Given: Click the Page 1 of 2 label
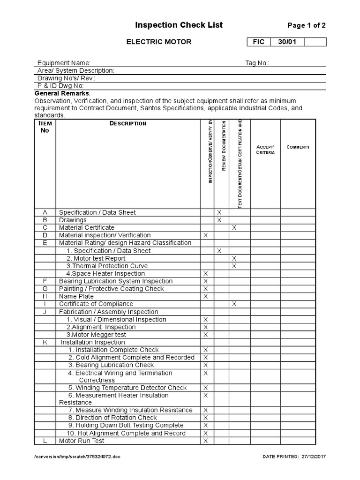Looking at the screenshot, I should (x=306, y=26).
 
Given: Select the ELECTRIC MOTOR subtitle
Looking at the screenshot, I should (x=159, y=42).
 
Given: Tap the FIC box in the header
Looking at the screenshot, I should (x=259, y=42).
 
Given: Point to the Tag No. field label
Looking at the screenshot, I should (x=257, y=63).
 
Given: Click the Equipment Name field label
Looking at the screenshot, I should (x=64, y=63).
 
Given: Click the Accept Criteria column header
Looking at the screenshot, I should (x=265, y=150).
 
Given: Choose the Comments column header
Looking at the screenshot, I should (x=298, y=147).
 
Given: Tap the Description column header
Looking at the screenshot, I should (x=127, y=123).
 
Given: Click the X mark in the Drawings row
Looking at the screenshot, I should (x=219, y=220).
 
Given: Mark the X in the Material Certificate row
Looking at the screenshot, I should (x=234, y=227).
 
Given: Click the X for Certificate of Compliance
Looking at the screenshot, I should (x=234, y=304).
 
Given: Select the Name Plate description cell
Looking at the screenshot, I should (x=76, y=296).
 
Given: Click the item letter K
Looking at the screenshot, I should (x=45, y=342).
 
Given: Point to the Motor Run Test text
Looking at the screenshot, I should (x=82, y=441).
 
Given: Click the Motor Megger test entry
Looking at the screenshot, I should (x=96, y=335).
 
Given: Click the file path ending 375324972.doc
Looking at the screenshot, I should (x=77, y=457).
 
